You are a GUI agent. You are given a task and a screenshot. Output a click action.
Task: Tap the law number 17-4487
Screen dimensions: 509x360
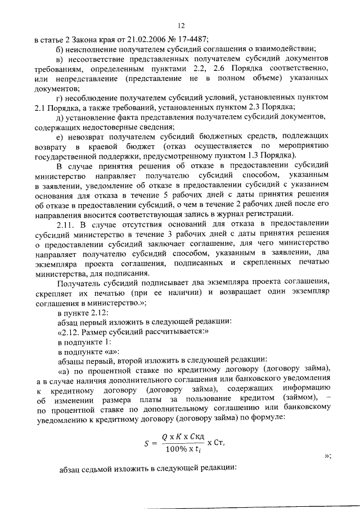click(x=191, y=39)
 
